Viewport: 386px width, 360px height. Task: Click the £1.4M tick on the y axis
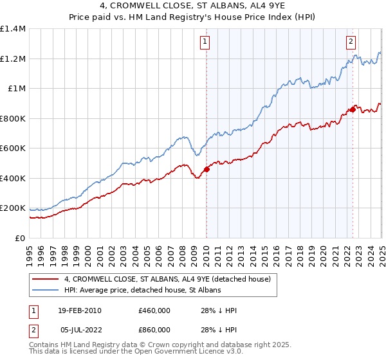13,29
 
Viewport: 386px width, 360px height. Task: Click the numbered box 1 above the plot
205,42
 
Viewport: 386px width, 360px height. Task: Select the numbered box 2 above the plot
351,42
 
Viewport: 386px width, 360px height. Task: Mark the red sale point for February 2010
207,170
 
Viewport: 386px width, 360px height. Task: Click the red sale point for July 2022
353,110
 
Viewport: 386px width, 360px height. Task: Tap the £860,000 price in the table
154,329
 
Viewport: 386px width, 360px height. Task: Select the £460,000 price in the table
154,310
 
